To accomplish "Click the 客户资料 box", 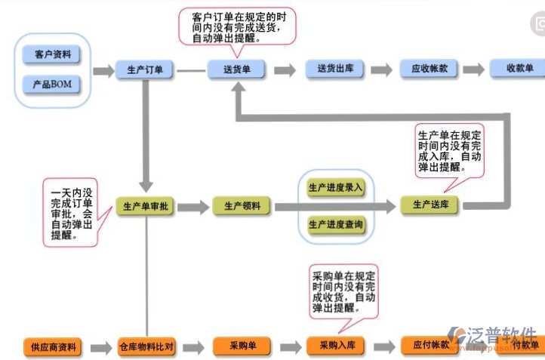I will click(53, 54).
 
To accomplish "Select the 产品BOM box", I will click(53, 84).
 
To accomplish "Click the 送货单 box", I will click(238, 70).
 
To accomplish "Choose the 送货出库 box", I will click(335, 69).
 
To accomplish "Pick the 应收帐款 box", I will click(429, 69).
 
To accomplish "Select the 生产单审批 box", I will click(145, 206).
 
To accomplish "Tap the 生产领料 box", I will click(242, 206).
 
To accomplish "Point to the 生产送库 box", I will click(430, 205).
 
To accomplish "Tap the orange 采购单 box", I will click(242, 346).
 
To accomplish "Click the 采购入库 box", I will click(336, 346).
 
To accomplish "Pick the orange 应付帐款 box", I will click(430, 346).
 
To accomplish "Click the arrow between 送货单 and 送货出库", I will click(285, 70).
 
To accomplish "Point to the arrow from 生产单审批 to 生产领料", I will click(192, 206).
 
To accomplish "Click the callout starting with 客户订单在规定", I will click(237, 26).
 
